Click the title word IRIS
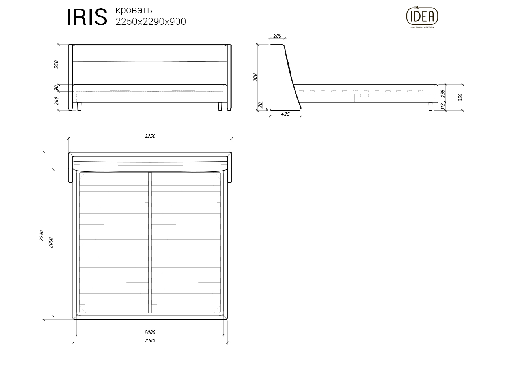coord(87,17)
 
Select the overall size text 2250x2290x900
coord(151,22)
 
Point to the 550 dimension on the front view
coord(56,64)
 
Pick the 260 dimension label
coord(56,101)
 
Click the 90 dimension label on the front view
coord(56,88)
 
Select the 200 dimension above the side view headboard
coord(277,36)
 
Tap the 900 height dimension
coord(255,77)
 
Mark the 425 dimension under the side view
coord(285,114)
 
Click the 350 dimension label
coord(460,97)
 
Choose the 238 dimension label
coord(443,93)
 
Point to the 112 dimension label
coord(443,106)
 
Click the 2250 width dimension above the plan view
coord(150,136)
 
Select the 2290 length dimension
coord(41,236)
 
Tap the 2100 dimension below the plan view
coord(150,340)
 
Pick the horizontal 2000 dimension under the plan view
coord(150,332)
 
